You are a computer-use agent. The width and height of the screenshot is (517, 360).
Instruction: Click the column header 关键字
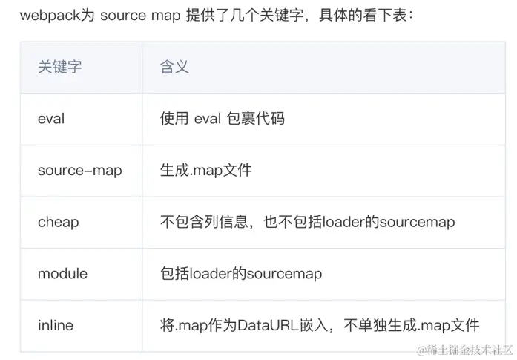point(59,67)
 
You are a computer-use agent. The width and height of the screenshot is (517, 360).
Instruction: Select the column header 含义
point(174,67)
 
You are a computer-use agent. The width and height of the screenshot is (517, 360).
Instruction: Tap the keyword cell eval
point(51,118)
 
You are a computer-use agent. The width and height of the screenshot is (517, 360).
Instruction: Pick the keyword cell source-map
point(79,170)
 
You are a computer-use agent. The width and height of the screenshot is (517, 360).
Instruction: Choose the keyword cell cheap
point(58,222)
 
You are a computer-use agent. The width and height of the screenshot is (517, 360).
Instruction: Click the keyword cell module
point(62,274)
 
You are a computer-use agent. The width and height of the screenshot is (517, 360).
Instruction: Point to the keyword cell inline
point(56,325)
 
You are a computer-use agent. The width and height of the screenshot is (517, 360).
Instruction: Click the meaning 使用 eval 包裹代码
point(222,118)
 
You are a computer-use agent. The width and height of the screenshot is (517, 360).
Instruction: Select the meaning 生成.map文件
point(205,170)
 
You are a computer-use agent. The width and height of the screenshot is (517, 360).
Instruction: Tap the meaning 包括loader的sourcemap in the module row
point(241,274)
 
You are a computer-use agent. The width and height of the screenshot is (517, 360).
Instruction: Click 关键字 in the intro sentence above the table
point(288,16)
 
